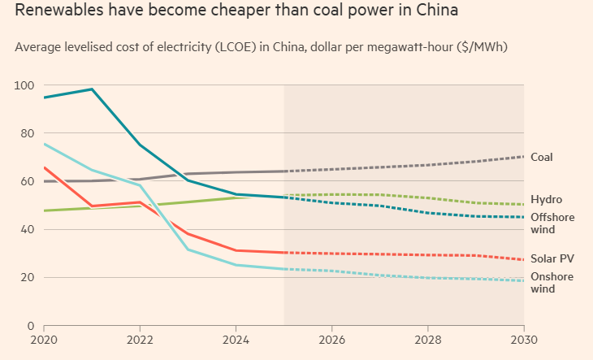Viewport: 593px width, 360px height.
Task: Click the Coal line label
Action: coord(542,157)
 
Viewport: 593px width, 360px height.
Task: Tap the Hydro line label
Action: coord(546,199)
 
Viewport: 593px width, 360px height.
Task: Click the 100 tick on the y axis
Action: coord(24,85)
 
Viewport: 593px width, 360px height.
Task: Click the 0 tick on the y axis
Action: coord(30,325)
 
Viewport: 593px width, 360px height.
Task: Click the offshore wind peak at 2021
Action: coord(93,89)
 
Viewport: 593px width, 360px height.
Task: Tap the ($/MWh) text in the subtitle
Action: coord(477,47)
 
